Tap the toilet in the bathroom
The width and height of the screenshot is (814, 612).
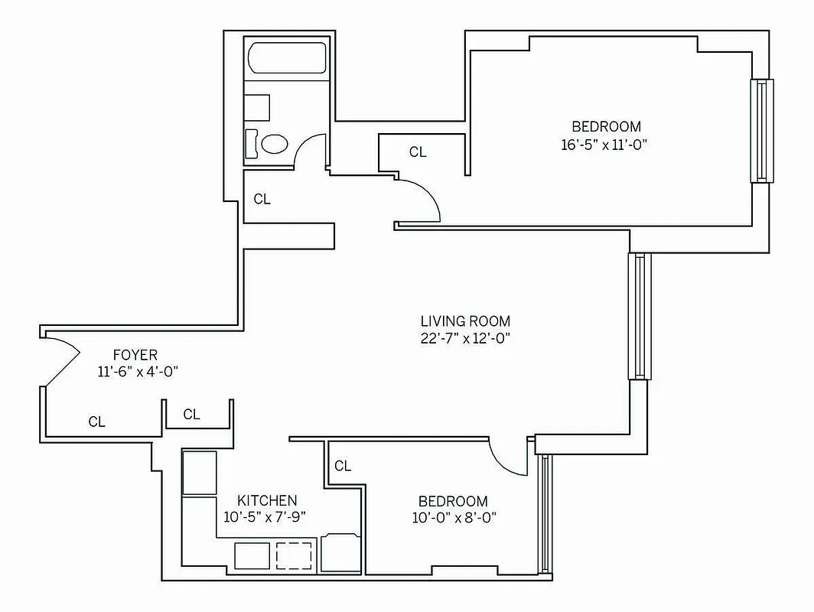click(x=272, y=143)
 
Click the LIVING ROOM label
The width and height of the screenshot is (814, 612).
click(x=465, y=321)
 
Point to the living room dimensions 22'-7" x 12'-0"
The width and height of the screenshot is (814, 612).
click(x=465, y=339)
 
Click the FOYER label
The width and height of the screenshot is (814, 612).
click(x=135, y=355)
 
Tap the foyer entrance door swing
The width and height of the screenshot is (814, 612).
click(x=61, y=360)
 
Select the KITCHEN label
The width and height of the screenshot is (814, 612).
click(x=266, y=500)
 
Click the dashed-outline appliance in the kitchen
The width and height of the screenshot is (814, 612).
click(x=294, y=555)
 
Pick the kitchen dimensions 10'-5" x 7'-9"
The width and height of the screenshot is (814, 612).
click(x=265, y=517)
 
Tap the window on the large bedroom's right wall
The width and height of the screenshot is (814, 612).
click(x=761, y=130)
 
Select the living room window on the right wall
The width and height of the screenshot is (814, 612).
click(x=639, y=316)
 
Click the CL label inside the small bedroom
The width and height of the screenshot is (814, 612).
click(x=343, y=466)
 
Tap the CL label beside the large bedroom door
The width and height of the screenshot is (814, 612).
click(x=418, y=152)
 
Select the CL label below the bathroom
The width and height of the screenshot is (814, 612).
click(x=262, y=199)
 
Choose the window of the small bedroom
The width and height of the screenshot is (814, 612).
click(x=543, y=514)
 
